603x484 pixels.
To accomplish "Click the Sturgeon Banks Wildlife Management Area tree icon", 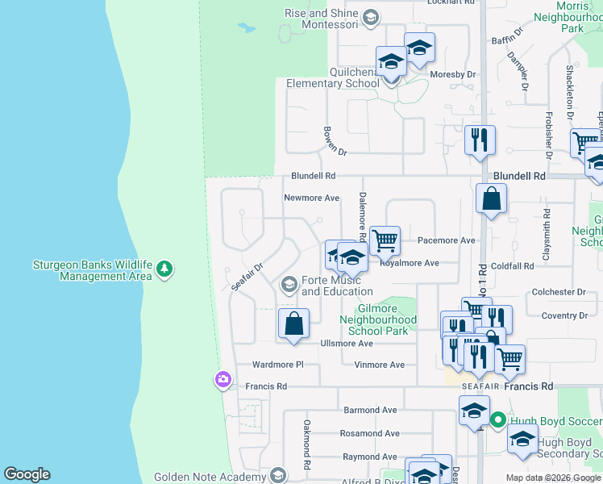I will (x=164, y=268).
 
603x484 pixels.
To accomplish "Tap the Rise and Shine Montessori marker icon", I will (x=370, y=17).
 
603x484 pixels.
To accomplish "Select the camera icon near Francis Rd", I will (x=223, y=379).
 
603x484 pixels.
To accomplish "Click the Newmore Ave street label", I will (x=311, y=198).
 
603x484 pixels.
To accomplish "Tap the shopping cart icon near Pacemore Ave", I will (x=385, y=240).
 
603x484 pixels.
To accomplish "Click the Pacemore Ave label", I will (x=446, y=240).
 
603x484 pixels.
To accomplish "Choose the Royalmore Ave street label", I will (x=409, y=263).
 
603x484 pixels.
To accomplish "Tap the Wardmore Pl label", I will (x=277, y=365).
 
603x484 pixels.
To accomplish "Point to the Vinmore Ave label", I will (x=379, y=365).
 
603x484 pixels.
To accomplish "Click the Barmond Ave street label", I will (x=371, y=410).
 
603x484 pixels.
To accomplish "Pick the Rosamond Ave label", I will (x=369, y=433).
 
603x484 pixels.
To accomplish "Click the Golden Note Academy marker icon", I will (x=278, y=476).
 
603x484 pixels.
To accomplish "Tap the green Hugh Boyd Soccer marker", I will (x=498, y=419).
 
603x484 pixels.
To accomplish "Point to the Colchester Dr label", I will (x=558, y=292).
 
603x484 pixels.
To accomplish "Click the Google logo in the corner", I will (x=27, y=474).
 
